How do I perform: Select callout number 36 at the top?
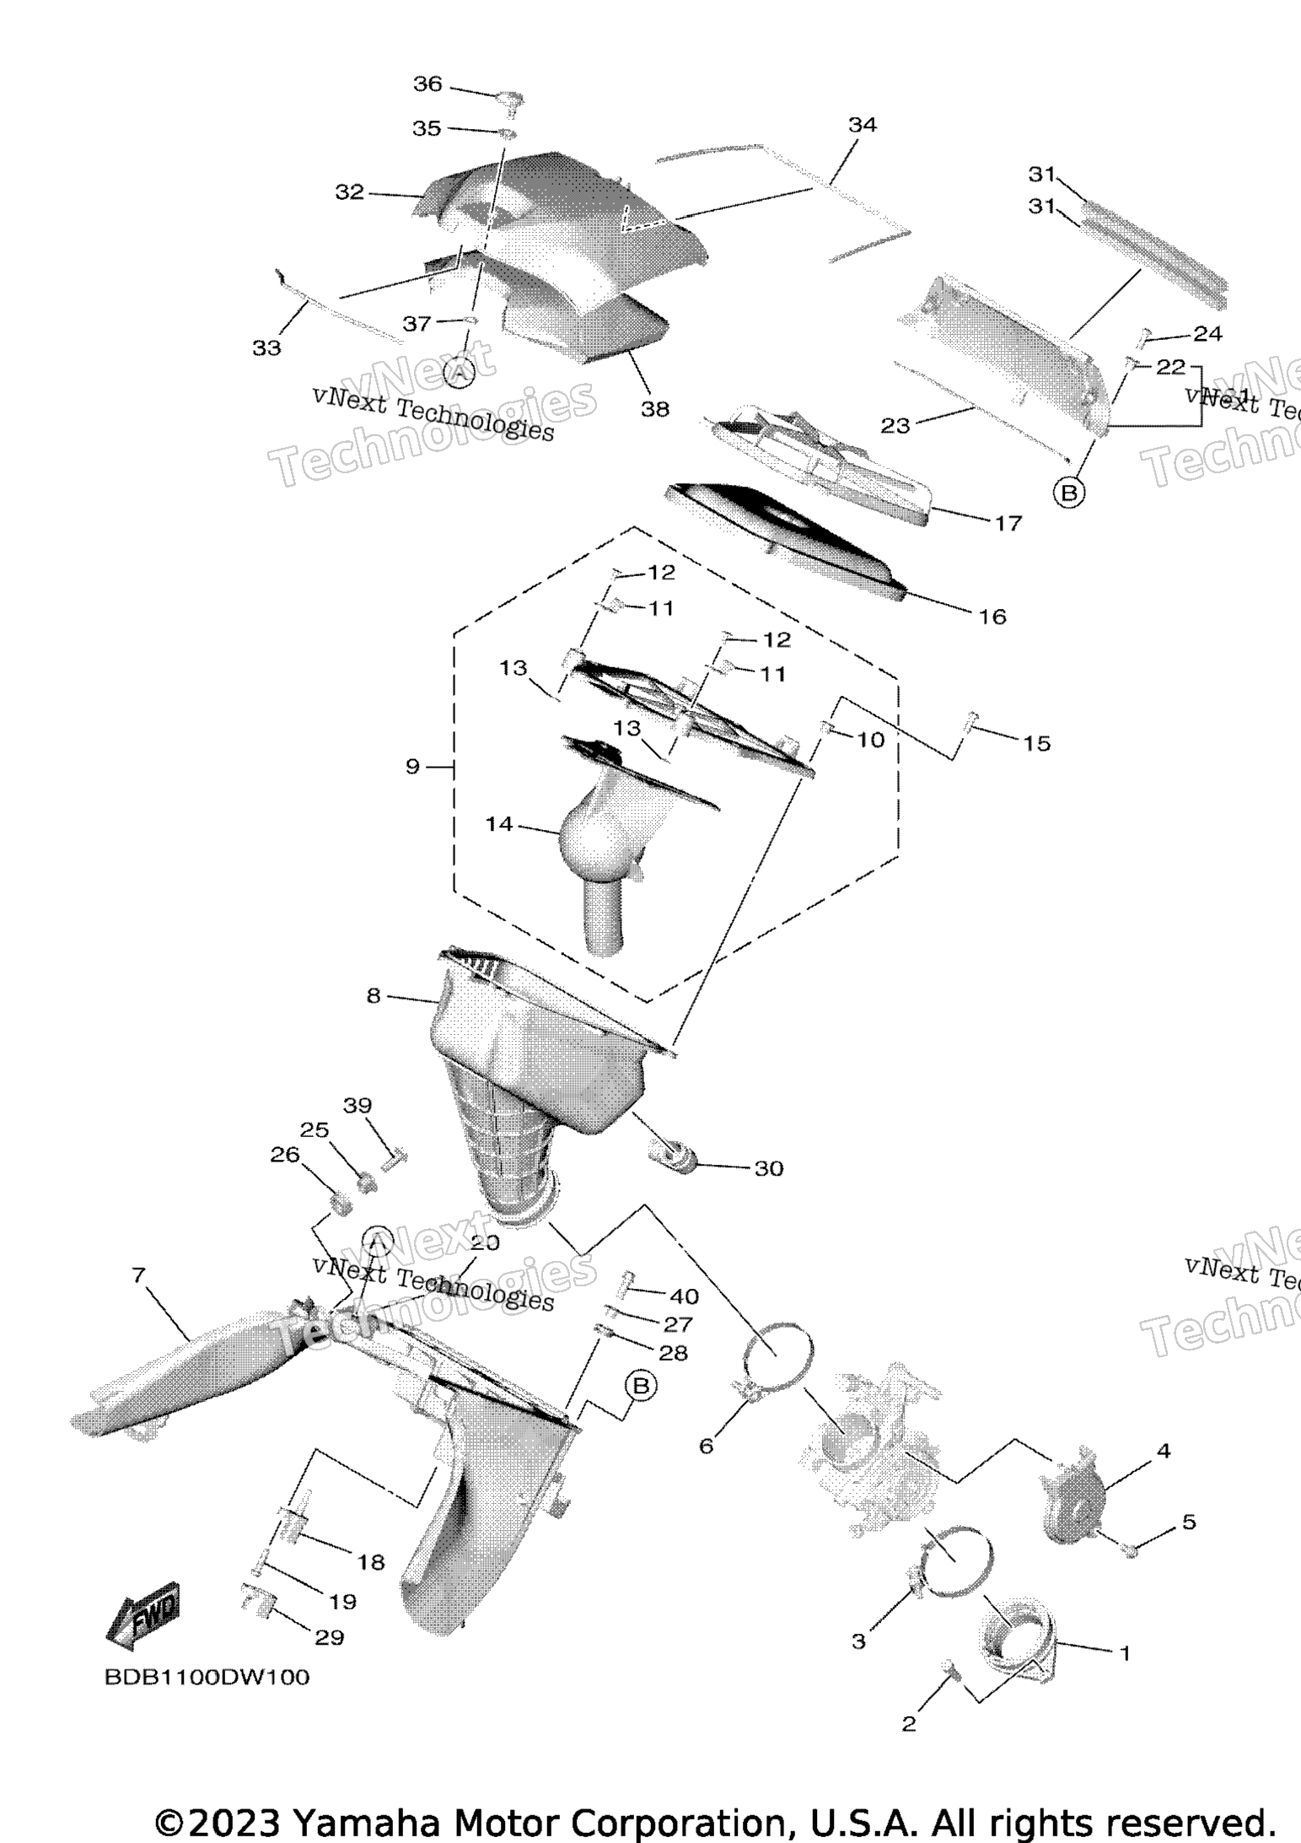pyautogui.click(x=427, y=84)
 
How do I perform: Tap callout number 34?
pyautogui.click(x=863, y=126)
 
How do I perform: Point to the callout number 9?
pyautogui.click(x=412, y=767)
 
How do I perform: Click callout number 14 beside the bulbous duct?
pyautogui.click(x=499, y=823)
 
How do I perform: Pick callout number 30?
pyautogui.click(x=768, y=1168)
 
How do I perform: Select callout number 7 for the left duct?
pyautogui.click(x=139, y=1275)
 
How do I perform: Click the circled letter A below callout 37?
pyautogui.click(x=459, y=372)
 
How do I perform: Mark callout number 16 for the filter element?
pyautogui.click(x=992, y=617)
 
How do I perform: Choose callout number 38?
pyautogui.click(x=655, y=409)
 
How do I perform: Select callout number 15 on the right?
pyautogui.click(x=1037, y=743)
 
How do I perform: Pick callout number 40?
pyautogui.click(x=684, y=1296)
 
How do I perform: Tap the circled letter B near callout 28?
pyautogui.click(x=641, y=1386)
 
